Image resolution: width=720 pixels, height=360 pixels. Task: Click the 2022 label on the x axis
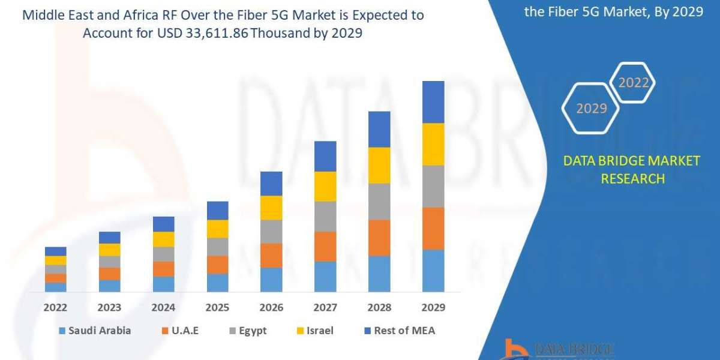pos(55,307)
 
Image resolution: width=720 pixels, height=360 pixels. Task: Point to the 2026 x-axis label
pos(271,307)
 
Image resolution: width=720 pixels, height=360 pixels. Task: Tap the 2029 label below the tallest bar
pos(433,307)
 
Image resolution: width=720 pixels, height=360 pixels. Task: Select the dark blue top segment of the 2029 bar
pos(433,102)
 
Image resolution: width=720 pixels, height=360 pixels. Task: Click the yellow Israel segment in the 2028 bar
pos(379,165)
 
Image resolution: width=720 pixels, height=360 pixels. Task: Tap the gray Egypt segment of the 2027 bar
pos(325,216)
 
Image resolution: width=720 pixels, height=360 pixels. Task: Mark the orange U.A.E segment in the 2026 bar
pos(271,255)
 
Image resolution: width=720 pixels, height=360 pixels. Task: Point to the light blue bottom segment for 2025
pos(217,283)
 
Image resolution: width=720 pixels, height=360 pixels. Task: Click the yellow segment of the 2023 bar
pos(109,250)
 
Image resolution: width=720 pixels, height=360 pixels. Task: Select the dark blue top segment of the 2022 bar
pos(55,251)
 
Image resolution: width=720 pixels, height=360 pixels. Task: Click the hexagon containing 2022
pos(633,83)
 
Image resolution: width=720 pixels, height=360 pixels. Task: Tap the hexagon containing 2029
pos(590,108)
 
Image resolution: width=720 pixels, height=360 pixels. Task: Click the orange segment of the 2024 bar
pos(163,269)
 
